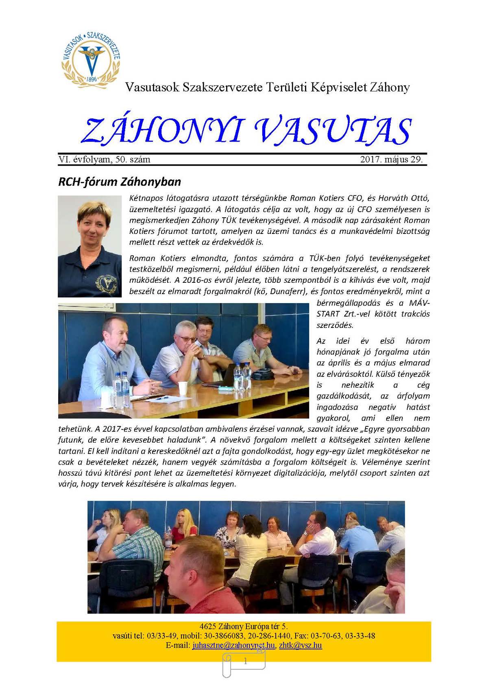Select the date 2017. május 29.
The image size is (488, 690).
pos(391,159)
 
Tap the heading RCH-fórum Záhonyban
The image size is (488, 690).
pos(120,181)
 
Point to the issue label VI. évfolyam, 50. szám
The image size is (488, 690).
pos(105,159)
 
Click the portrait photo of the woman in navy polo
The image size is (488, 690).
pos(90,246)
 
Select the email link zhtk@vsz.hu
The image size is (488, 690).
pos(301,645)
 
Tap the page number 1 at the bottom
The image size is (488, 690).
pos(245,662)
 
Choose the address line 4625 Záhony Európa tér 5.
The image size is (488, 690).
pos(244,626)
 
